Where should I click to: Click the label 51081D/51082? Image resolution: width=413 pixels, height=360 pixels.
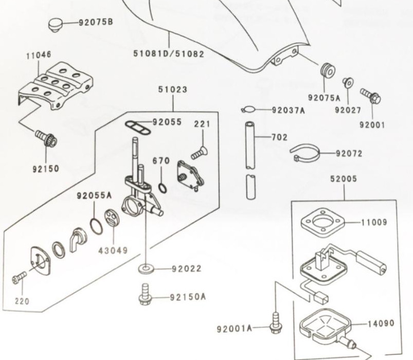[168, 53]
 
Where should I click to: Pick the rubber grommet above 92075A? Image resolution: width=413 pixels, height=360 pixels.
[326, 70]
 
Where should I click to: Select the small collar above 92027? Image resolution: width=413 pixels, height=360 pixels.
[347, 82]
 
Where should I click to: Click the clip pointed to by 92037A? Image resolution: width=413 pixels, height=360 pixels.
[248, 109]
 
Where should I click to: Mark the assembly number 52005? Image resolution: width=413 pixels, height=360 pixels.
[344, 179]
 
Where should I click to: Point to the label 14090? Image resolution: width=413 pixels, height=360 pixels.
[381, 323]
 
